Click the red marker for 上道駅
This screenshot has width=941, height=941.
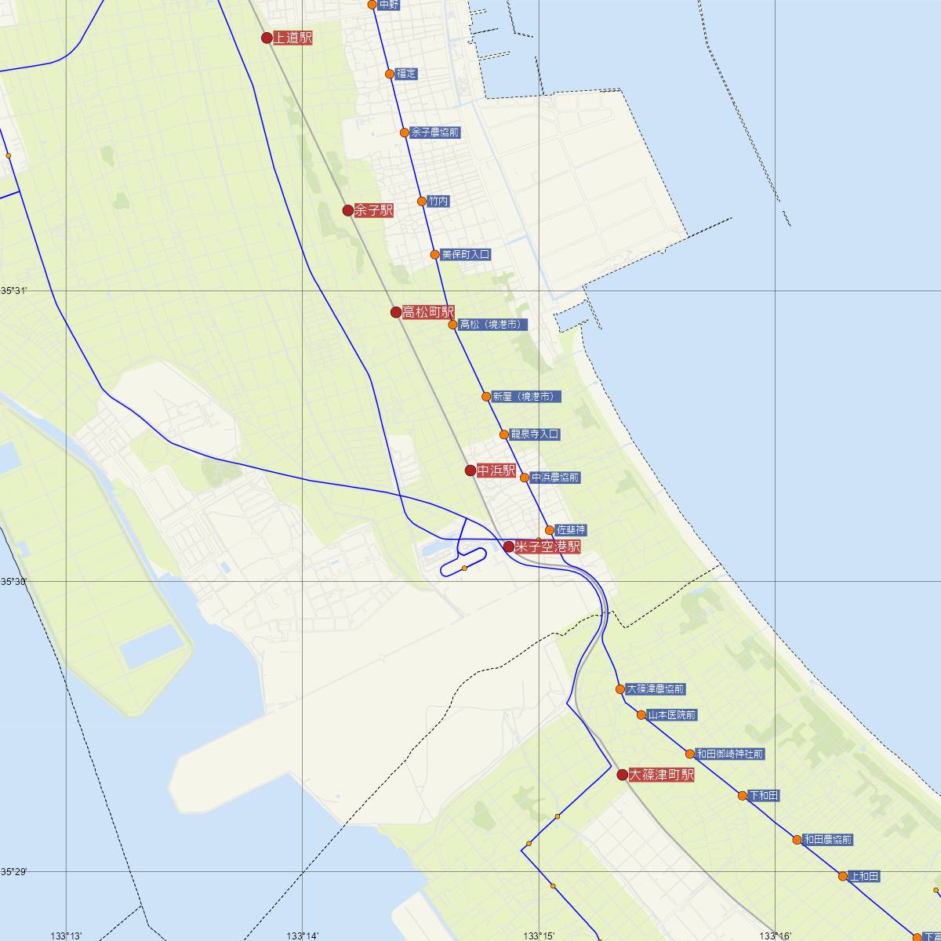coord(267,38)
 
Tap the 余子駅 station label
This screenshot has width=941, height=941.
coord(373,210)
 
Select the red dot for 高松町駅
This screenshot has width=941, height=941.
coord(396,312)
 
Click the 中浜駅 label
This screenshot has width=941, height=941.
coord(496,470)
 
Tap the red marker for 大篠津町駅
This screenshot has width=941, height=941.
coord(623,775)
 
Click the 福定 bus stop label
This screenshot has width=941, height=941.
coord(406,74)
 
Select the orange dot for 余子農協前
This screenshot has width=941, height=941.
coord(405,133)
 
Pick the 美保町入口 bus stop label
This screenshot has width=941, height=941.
coord(466,255)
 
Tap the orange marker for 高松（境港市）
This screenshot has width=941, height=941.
coord(452,325)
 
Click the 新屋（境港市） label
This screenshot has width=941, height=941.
coord(522,397)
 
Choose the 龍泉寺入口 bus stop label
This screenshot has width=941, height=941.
coord(535,434)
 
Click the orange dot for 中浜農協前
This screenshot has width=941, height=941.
coord(525,478)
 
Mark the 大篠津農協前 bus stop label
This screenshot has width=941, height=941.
coord(656,689)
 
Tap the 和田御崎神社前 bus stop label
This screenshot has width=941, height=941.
coord(729,754)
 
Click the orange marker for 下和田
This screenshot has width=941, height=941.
coord(743,795)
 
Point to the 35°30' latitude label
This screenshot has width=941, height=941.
coord(14,581)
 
